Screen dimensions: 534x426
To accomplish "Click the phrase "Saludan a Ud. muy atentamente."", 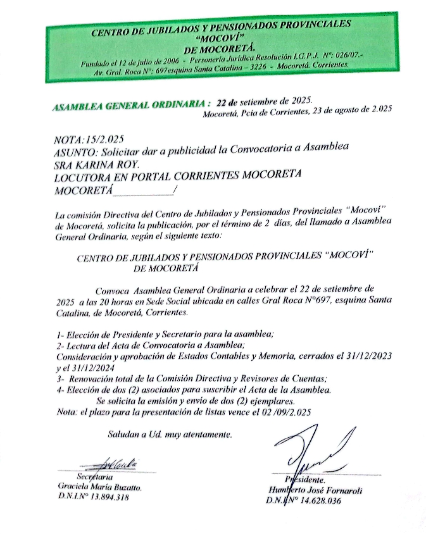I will click(x=170, y=434).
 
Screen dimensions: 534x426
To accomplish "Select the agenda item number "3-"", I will click(x=62, y=379).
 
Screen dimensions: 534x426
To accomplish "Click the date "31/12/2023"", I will click(x=365, y=356).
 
